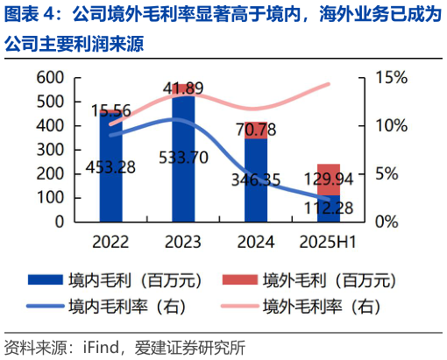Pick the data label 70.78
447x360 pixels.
point(256,131)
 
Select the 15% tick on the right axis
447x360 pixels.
point(392,78)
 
